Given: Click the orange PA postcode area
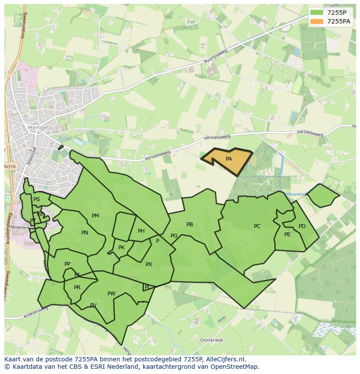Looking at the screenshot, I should [x=229, y=159].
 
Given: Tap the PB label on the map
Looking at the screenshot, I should [x=190, y=225].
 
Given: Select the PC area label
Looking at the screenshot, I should [x=257, y=226].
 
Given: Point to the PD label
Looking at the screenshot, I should [x=302, y=226].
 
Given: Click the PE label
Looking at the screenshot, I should [x=287, y=235].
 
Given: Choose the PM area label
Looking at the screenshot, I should [x=95, y=216].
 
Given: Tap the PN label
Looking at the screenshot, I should [x=85, y=233].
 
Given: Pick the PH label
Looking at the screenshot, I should [x=141, y=231].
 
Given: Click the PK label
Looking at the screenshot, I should [x=121, y=248].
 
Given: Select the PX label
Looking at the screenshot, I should [x=149, y=265].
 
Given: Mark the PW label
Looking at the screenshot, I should [x=111, y=294].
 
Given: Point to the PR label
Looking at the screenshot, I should [x=77, y=288].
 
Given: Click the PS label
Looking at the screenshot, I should [x=37, y=199].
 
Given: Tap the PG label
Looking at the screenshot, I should [x=174, y=236].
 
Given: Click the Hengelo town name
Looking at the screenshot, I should [x=40, y=128].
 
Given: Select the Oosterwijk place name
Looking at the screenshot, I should [x=211, y=340].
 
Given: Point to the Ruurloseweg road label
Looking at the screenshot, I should [x=216, y=59].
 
